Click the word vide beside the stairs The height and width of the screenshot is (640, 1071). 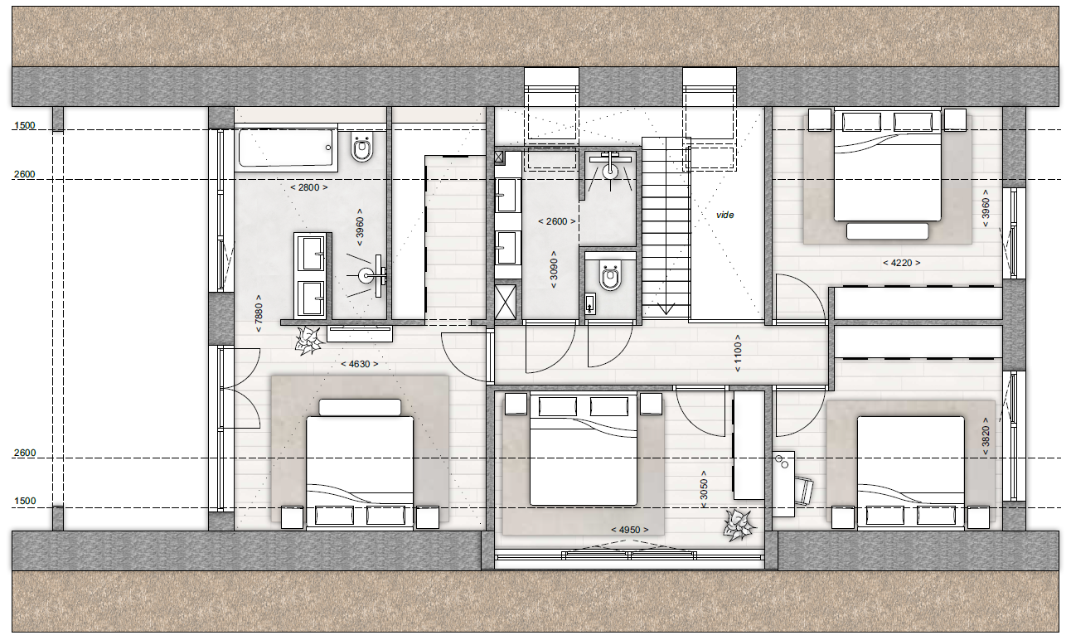[724, 216]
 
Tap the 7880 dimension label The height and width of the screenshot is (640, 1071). [259, 313]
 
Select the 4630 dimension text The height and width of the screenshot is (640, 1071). [360, 365]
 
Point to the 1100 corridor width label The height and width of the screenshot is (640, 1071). [738, 353]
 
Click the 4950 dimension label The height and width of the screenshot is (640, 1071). [630, 530]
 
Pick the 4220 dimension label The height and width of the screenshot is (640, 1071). [901, 263]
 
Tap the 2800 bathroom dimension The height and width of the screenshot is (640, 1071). [309, 187]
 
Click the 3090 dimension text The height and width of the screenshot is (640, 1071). [554, 269]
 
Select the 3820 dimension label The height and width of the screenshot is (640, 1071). [986, 436]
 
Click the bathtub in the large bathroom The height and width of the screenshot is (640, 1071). [286, 148]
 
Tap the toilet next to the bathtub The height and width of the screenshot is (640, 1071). [362, 147]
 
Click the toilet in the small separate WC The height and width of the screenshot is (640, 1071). [610, 275]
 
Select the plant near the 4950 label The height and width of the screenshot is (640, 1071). [739, 525]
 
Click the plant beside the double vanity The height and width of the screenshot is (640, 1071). [308, 341]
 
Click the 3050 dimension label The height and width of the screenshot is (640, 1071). [703, 490]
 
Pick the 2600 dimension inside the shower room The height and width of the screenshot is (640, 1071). [556, 221]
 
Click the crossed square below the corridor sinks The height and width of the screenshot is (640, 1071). [506, 302]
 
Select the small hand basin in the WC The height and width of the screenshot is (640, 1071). [590, 303]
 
